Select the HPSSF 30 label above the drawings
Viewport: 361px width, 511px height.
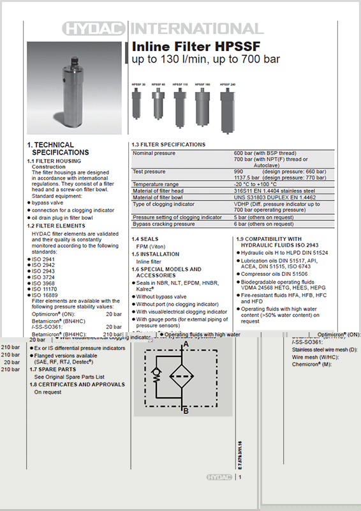point(138,84)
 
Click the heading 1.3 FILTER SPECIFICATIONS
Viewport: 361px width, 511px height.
point(168,145)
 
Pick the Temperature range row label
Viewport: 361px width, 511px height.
point(156,184)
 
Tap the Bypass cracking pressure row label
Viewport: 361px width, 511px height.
point(163,224)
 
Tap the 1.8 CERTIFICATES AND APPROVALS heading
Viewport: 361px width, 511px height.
point(77,385)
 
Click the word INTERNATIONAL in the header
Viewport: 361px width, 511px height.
point(196,29)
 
